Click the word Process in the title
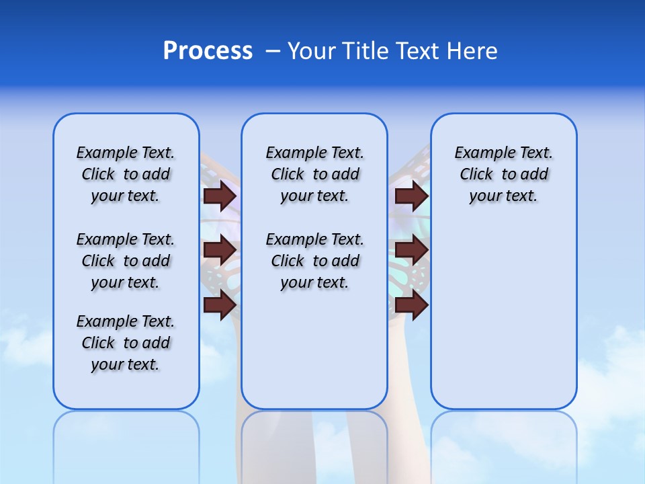[x=208, y=50]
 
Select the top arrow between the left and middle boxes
[x=220, y=196]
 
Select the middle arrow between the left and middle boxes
[x=220, y=250]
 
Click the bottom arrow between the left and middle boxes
[x=220, y=305]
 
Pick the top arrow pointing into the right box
[x=411, y=196]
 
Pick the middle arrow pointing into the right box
[x=411, y=250]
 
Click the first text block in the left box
[x=126, y=174]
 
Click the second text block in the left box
[x=126, y=261]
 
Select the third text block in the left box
[x=126, y=343]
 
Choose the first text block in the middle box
[x=314, y=174]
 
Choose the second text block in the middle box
[x=314, y=261]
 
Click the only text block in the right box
[x=503, y=174]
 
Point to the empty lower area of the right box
[x=503, y=323]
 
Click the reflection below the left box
[x=126, y=444]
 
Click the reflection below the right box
[x=503, y=444]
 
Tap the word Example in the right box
[x=480, y=153]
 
